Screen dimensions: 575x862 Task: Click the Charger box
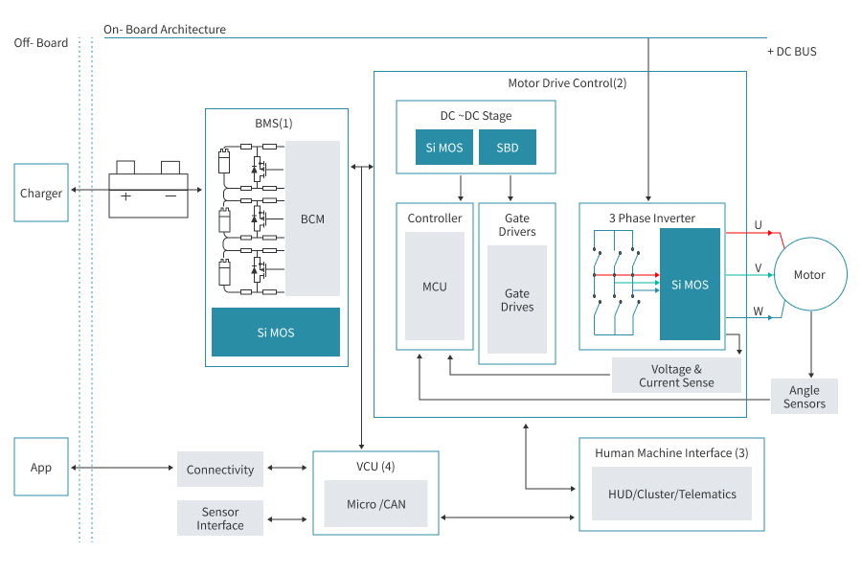coord(41,193)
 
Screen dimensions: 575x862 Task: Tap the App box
coord(41,467)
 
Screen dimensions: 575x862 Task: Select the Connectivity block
coord(220,469)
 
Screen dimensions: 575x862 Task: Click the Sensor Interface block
coord(220,517)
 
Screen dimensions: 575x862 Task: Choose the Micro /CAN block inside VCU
coord(375,504)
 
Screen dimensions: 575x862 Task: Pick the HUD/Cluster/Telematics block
coord(671,494)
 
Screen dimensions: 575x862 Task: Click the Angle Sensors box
coord(805,396)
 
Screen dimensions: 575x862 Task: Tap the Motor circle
coord(809,275)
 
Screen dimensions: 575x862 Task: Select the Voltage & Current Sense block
coord(676,376)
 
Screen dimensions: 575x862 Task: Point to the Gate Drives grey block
coord(517,299)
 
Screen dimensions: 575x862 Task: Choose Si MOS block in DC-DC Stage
coord(444,148)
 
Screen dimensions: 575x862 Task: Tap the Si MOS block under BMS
coord(276,333)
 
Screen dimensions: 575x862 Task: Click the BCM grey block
coord(312,218)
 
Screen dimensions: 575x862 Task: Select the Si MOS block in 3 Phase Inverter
coord(690,285)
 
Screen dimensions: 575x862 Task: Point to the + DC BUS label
coord(792,52)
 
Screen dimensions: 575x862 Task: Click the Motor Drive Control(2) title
coord(567,83)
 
